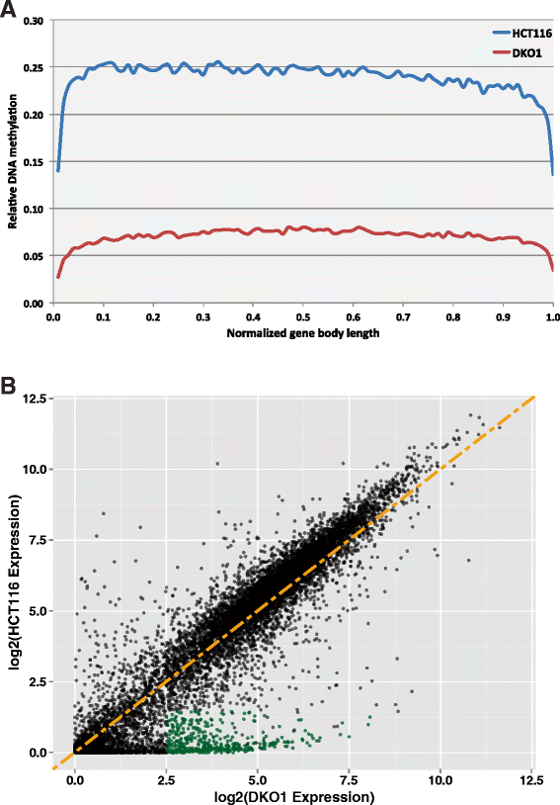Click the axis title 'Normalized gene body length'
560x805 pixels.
point(301,333)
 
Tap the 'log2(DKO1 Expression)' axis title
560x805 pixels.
point(302,795)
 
